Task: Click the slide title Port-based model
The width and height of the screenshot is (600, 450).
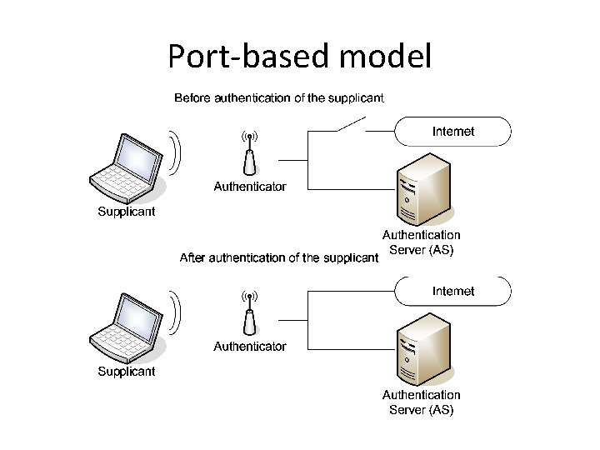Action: coord(300,57)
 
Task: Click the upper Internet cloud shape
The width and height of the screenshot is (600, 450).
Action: coord(452,132)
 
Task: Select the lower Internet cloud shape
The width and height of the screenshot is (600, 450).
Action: coord(452,292)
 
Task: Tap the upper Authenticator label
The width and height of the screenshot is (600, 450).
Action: coord(249,187)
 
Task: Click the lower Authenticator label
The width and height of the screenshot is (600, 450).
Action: coord(249,346)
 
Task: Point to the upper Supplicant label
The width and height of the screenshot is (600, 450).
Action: coord(127,212)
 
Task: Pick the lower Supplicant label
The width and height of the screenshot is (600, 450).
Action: coord(127,372)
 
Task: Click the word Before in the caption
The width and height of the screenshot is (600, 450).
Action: coord(192,98)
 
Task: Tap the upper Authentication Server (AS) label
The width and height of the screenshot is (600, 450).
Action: coord(421,243)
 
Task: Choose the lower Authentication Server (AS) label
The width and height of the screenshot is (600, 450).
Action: coord(421,402)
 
